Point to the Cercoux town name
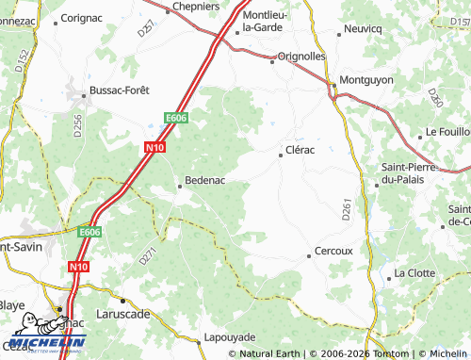tap(333, 252)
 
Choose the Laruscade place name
tap(123, 313)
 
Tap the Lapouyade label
tap(230, 336)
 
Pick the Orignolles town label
tap(302, 56)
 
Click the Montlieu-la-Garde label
tap(273, 21)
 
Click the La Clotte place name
tap(415, 272)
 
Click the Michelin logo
tap(36, 335)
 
